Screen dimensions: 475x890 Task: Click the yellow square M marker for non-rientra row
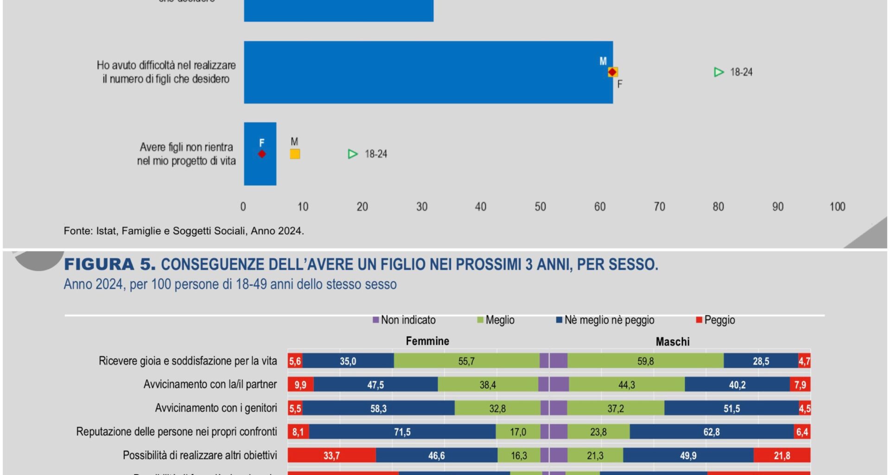(295, 154)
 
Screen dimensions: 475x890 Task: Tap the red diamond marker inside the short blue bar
(262, 154)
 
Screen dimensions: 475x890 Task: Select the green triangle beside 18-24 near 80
(719, 72)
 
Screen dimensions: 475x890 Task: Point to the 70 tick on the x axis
(659, 207)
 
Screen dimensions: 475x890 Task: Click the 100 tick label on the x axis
(837, 207)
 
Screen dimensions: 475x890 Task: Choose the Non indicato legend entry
(404, 320)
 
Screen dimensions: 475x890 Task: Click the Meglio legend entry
(496, 320)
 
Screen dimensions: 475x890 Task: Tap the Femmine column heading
(427, 341)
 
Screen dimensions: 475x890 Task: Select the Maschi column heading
(673, 342)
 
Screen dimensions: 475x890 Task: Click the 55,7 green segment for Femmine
(466, 361)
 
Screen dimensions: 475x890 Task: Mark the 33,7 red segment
(331, 456)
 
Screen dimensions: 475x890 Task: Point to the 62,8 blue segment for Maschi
(712, 432)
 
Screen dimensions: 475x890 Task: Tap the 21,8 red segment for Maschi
(782, 456)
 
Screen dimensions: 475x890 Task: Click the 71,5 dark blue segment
(402, 432)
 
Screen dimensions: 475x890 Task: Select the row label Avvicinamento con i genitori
(216, 408)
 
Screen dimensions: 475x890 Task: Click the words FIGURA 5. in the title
(109, 264)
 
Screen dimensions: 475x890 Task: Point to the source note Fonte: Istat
(184, 231)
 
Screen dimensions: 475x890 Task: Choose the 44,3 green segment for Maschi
(626, 385)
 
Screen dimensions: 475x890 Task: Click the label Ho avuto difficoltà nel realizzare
(166, 65)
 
